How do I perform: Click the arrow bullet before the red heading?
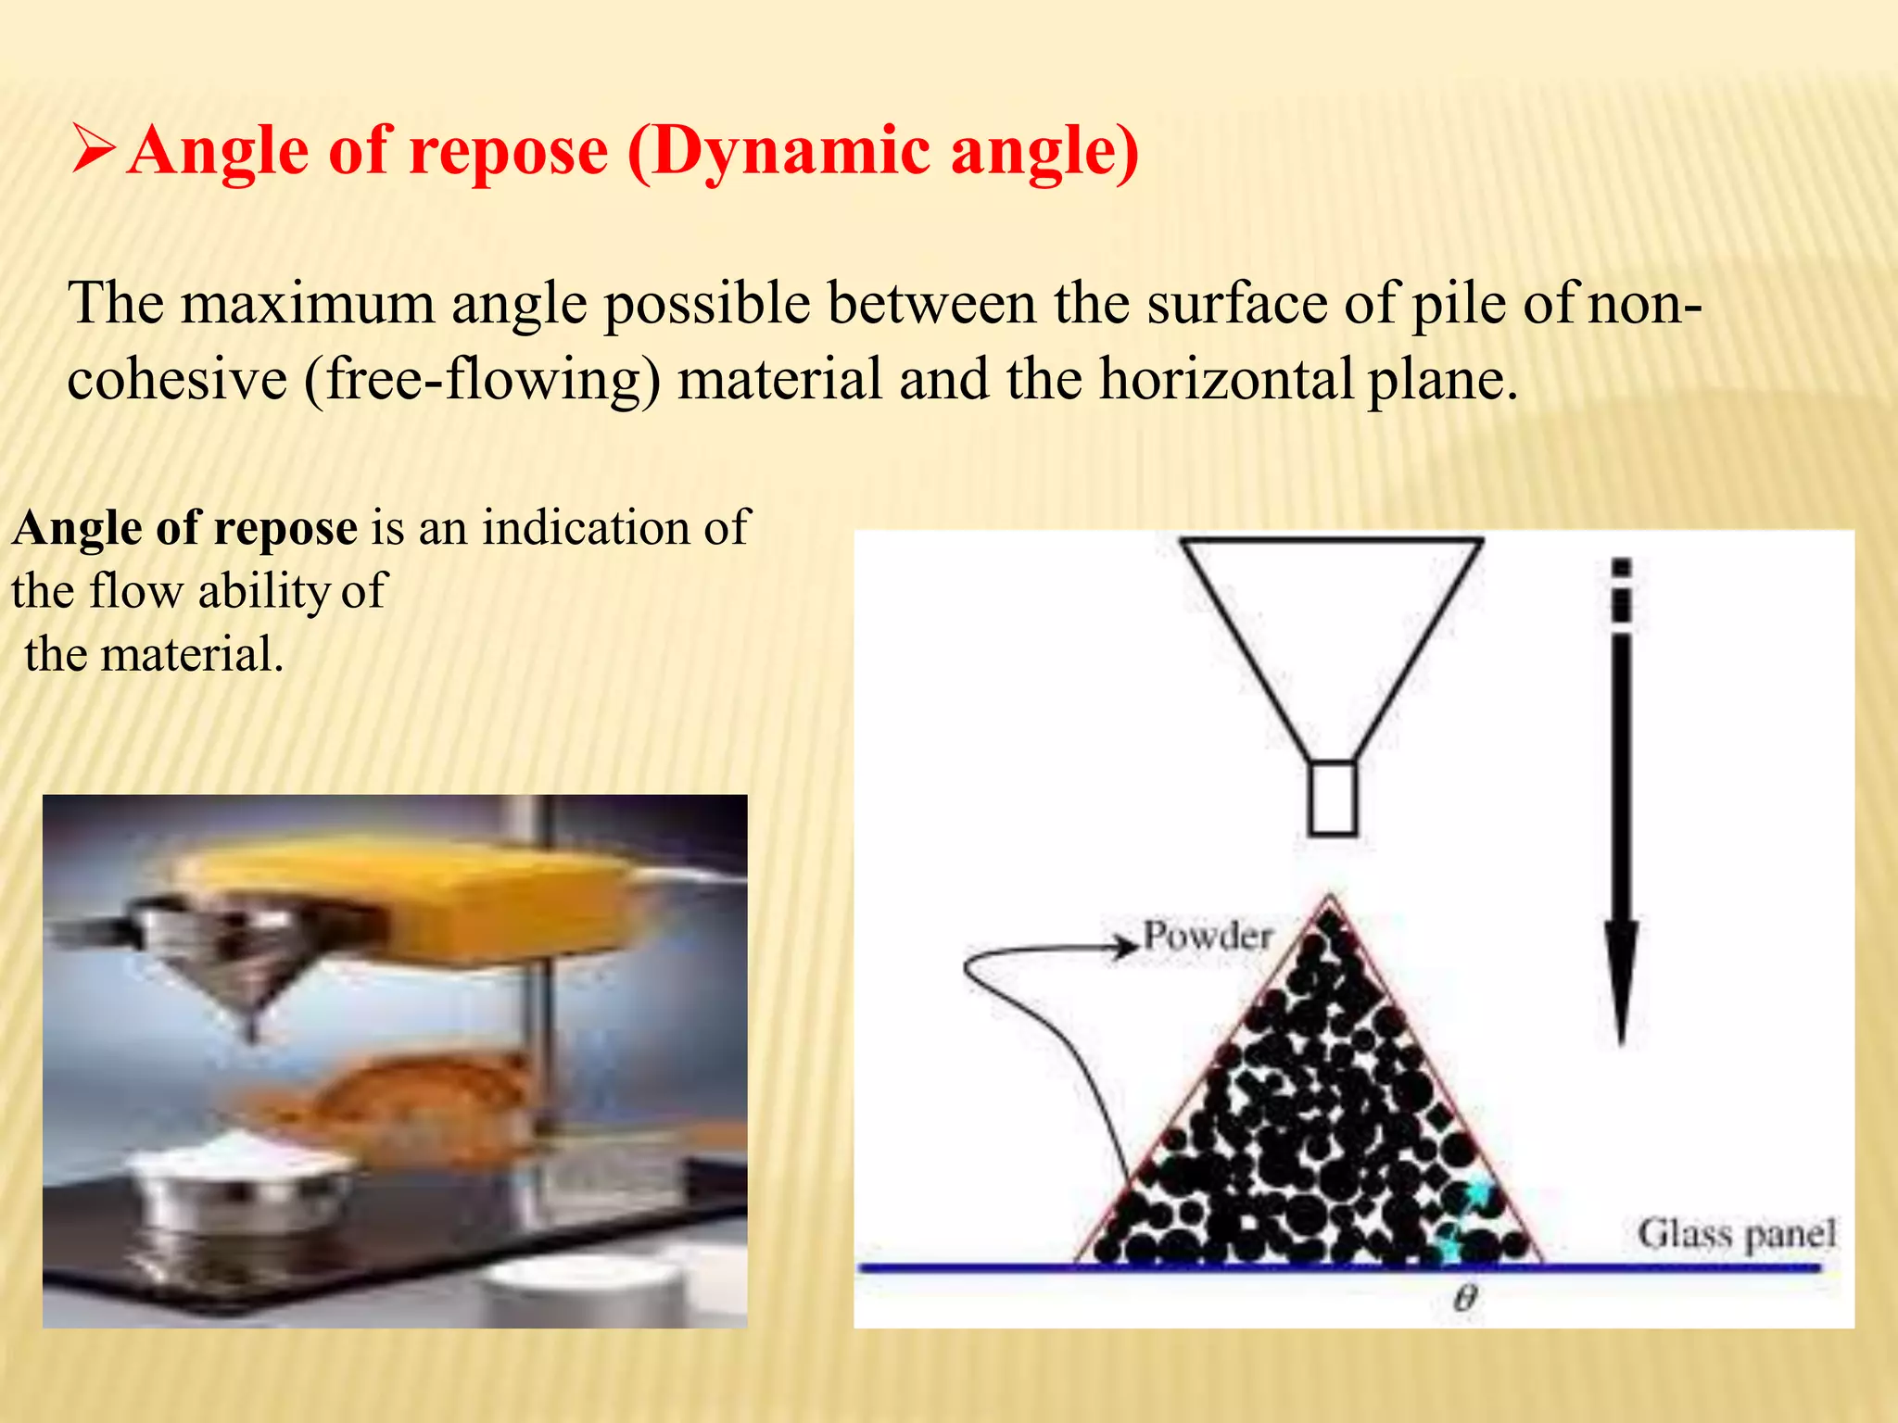pos(93,151)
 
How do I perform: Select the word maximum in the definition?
pos(307,303)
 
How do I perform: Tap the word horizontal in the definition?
pos(1227,379)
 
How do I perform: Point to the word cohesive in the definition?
pos(177,379)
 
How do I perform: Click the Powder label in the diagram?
pos(1208,936)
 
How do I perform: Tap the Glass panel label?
pos(1736,1234)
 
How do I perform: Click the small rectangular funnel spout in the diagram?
pos(1333,798)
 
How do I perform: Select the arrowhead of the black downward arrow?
pos(1621,982)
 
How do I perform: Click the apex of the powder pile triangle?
pos(1331,899)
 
